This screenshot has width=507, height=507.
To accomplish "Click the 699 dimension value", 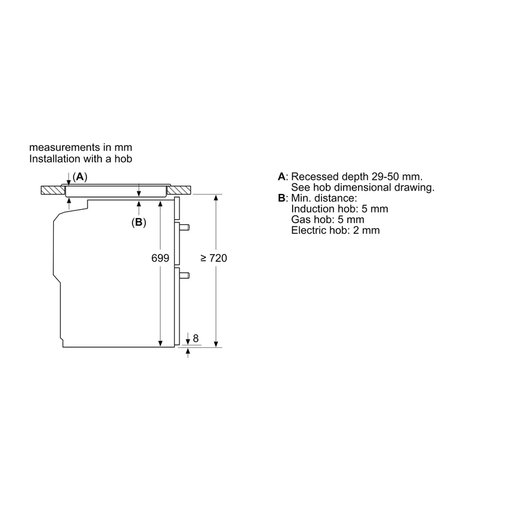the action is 160,258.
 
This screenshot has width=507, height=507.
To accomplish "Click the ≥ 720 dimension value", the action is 214,258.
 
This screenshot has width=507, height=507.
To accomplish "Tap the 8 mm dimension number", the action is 195,338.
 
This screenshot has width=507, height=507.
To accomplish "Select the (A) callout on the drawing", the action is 80,177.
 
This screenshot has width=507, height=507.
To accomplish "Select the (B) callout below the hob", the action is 139,222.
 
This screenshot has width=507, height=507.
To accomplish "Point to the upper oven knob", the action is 184,227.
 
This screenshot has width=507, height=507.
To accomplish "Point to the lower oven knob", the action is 184,276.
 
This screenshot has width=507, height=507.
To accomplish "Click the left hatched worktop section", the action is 53,190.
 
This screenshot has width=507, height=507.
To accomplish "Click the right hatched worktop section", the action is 179,190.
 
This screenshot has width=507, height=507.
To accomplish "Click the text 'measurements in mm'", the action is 80,148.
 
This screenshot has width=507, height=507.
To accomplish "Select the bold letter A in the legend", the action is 281,177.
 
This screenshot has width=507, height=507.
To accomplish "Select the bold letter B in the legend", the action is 281,198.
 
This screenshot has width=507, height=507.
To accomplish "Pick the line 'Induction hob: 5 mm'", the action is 340,209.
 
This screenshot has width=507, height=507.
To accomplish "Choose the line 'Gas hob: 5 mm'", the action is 328,219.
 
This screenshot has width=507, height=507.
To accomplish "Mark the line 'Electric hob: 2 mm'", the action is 335,230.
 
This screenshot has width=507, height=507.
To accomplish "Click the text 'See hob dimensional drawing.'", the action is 363,187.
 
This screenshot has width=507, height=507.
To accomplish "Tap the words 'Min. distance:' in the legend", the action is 324,198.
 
